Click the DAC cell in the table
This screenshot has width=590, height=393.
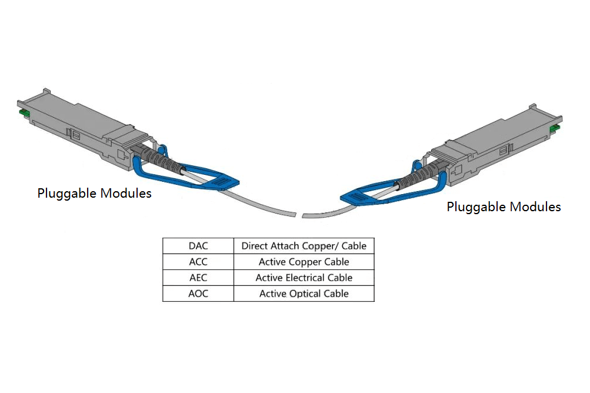point(198,246)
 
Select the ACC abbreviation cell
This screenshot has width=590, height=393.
point(198,262)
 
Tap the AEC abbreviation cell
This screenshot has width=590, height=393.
point(198,278)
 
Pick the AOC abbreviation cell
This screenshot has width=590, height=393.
point(198,294)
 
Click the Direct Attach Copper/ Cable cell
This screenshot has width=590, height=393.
point(304,246)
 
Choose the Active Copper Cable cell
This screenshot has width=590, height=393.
point(304,262)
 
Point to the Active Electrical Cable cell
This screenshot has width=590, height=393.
point(304,278)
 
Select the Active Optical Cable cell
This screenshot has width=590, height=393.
point(304,294)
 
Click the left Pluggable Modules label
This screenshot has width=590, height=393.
point(94,193)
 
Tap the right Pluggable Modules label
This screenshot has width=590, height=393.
point(504,207)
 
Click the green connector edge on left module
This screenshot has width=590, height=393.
point(24,112)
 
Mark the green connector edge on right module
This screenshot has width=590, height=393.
point(554,129)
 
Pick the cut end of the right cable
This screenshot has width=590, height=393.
point(305,216)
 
